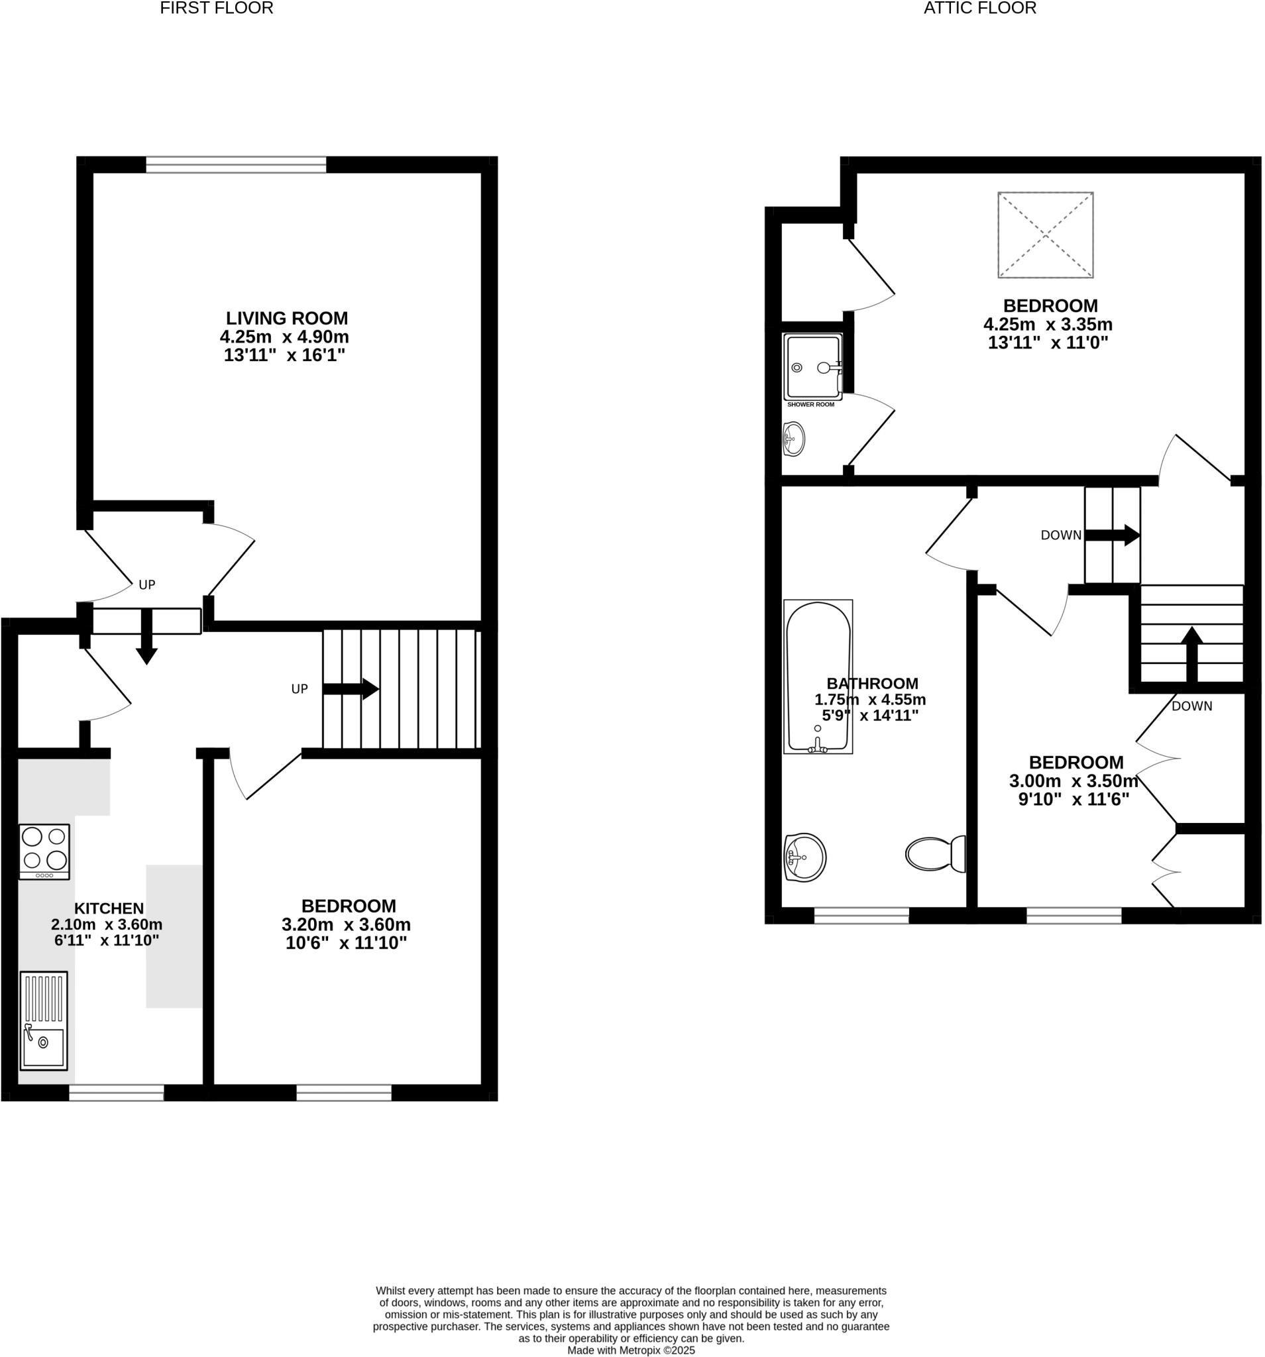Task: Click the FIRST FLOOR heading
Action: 217,8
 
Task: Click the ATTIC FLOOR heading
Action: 979,8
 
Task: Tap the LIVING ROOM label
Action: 287,318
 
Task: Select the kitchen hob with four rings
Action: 44,851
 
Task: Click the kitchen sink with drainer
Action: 44,1020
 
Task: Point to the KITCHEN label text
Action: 109,908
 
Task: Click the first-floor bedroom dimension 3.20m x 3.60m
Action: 346,925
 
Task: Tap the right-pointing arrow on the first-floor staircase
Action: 351,688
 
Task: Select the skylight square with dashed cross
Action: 1045,235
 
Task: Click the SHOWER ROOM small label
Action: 810,405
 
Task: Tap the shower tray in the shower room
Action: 812,367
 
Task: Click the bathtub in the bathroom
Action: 818,677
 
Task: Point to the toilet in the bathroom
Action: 936,853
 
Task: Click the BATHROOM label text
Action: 872,683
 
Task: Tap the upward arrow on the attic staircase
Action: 1192,653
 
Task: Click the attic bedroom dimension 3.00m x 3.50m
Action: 1073,781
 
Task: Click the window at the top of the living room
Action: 235,164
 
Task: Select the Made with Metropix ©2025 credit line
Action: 631,1350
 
